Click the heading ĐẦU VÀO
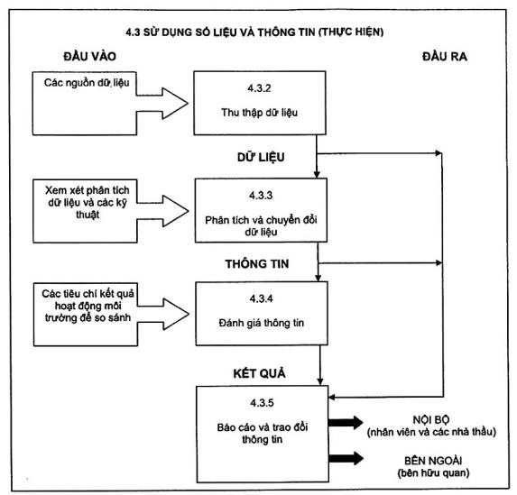pyautogui.click(x=89, y=57)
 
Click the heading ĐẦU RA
pyautogui.click(x=445, y=57)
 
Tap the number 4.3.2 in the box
pyautogui.click(x=260, y=88)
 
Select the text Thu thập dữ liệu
pyautogui.click(x=260, y=113)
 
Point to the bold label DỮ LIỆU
pyautogui.click(x=261, y=157)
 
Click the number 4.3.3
pyautogui.click(x=261, y=196)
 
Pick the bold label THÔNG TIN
pyautogui.click(x=257, y=263)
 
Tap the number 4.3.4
pyautogui.click(x=262, y=298)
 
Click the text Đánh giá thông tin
pyautogui.click(x=262, y=323)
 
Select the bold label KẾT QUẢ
pyautogui.click(x=260, y=373)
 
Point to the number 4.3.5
pyautogui.click(x=263, y=403)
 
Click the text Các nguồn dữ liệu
pyautogui.click(x=87, y=82)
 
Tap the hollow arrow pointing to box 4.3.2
pyautogui.click(x=162, y=103)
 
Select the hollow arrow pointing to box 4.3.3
pyautogui.click(x=162, y=211)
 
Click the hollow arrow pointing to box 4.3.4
pyautogui.click(x=163, y=314)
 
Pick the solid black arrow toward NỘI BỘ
pyautogui.click(x=346, y=423)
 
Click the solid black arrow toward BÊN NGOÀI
pyautogui.click(x=346, y=458)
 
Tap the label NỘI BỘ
pyautogui.click(x=431, y=419)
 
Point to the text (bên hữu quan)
pyautogui.click(x=434, y=473)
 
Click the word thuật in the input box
pyautogui.click(x=88, y=215)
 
